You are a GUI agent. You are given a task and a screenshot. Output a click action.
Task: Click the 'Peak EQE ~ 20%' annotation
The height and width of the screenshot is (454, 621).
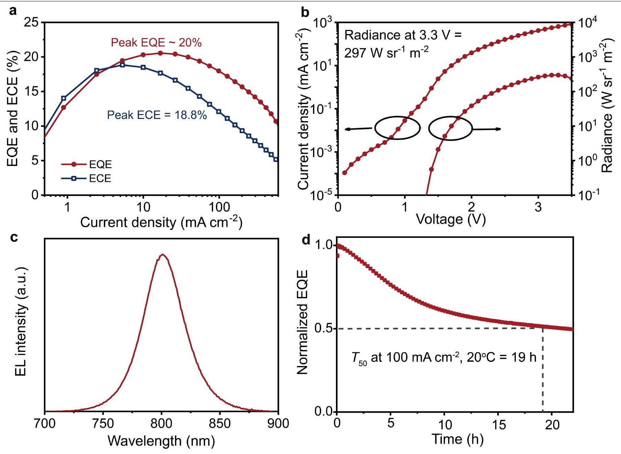click(x=156, y=43)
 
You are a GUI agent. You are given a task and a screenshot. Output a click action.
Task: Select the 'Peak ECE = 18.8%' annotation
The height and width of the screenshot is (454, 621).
click(x=157, y=115)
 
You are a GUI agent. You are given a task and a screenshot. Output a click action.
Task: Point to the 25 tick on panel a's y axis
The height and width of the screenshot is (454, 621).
click(x=31, y=23)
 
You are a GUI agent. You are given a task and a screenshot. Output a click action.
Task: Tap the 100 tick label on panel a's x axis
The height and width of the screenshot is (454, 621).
click(x=219, y=207)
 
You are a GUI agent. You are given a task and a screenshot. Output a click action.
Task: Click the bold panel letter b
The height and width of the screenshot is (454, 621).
click(x=305, y=13)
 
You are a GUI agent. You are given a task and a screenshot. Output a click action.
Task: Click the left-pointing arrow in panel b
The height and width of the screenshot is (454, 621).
click(x=358, y=129)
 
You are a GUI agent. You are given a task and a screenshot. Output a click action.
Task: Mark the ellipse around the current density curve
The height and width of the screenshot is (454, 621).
click(x=397, y=128)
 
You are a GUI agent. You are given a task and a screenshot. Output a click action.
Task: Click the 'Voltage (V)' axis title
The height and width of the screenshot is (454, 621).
click(x=450, y=219)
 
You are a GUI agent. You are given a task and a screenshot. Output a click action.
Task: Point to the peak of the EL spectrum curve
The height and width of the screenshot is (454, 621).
click(x=162, y=255)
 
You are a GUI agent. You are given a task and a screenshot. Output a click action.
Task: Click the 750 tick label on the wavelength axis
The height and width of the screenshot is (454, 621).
click(x=103, y=423)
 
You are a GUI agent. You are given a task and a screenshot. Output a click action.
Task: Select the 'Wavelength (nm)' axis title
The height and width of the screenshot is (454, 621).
click(x=161, y=441)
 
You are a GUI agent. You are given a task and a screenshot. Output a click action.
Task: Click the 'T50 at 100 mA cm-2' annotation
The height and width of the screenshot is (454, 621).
click(x=443, y=358)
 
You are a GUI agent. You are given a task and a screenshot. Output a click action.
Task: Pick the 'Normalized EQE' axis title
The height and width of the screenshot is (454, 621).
click(x=302, y=322)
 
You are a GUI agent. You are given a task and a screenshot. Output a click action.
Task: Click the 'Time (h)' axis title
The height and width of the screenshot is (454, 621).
click(x=457, y=439)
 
